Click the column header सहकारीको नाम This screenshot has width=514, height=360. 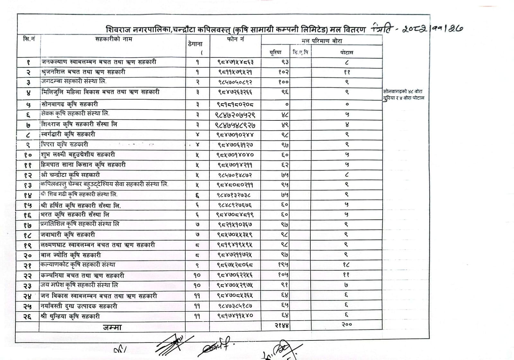pos(113,39)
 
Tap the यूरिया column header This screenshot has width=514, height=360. pos(275,52)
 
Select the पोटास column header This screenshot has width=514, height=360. pos(347,52)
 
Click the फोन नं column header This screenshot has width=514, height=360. pos(235,39)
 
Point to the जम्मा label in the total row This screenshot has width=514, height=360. pos(112,327)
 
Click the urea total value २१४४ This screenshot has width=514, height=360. pos(282,325)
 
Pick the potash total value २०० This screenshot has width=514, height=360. pos(347,325)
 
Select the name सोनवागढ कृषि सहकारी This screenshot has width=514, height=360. pos(69,104)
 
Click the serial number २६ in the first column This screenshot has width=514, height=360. pos(27,316)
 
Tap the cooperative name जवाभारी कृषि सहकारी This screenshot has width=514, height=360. pos(68,235)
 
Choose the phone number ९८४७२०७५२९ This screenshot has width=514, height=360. pos(235,115)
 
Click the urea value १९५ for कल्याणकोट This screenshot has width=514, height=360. pos(283,265)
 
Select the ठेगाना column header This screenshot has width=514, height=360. pos(195,44)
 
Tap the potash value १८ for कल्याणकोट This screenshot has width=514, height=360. pos(346,265)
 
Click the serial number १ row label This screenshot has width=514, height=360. pos(28,62)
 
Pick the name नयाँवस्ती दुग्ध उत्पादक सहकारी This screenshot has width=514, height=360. pos(79,306)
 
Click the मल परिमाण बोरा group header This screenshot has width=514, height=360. pos(322,41)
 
